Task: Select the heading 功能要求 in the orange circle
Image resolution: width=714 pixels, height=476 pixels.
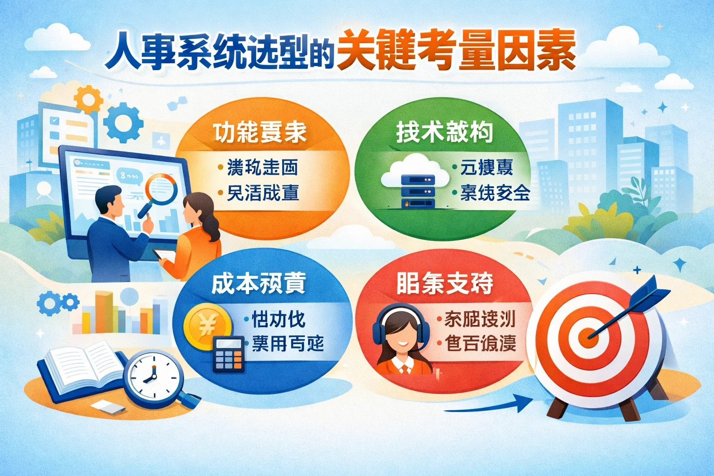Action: [x=260, y=132]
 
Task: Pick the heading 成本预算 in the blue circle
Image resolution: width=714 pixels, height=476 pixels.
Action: [x=258, y=283]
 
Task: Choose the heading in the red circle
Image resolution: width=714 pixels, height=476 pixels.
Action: [x=445, y=283]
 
